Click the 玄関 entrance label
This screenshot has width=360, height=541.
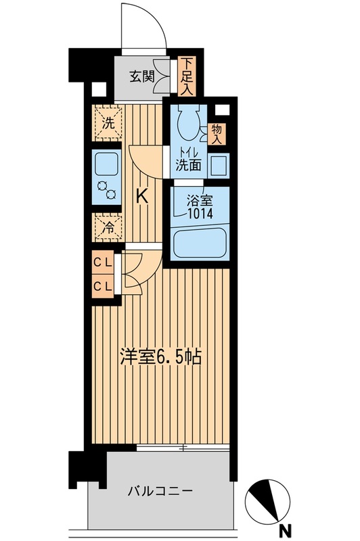(142, 76)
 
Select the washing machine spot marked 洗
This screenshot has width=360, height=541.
(108, 123)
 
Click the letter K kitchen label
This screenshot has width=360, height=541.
(142, 197)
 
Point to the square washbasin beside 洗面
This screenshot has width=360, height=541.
(218, 164)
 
